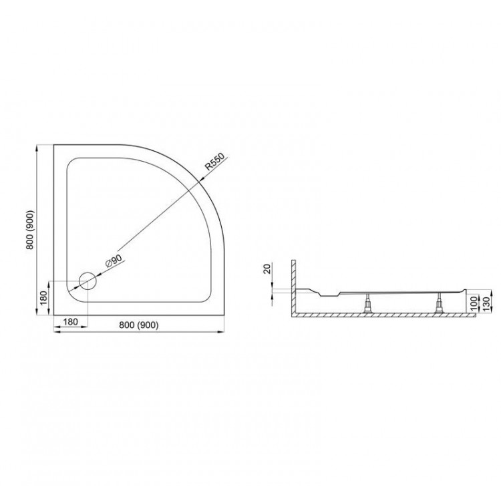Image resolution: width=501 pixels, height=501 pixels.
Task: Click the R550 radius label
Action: pos(215,164)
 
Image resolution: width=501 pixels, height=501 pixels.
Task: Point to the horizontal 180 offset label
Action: pos(71,323)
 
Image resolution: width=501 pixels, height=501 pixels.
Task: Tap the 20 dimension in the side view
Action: pos(267,269)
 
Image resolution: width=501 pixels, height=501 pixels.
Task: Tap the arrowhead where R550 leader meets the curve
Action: pos(200,181)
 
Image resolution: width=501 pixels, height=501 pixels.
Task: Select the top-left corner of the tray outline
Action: pos(55,144)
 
